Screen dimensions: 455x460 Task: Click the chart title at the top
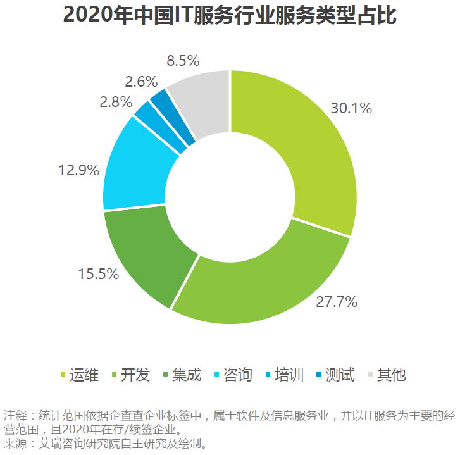(230, 16)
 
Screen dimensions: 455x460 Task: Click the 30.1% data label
(351, 108)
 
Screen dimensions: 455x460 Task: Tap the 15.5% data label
(98, 273)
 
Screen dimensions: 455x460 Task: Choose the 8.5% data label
(183, 61)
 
